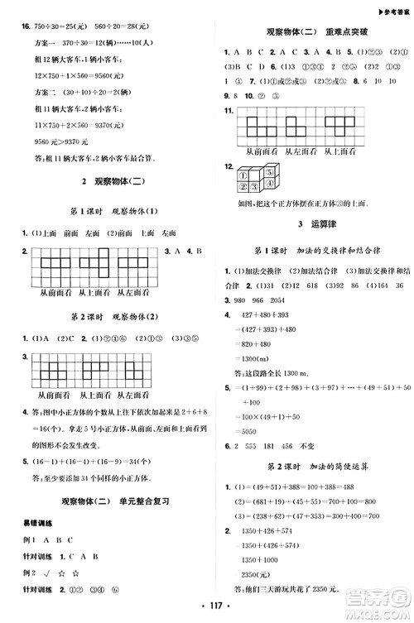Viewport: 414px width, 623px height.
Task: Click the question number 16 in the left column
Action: coord(15,27)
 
